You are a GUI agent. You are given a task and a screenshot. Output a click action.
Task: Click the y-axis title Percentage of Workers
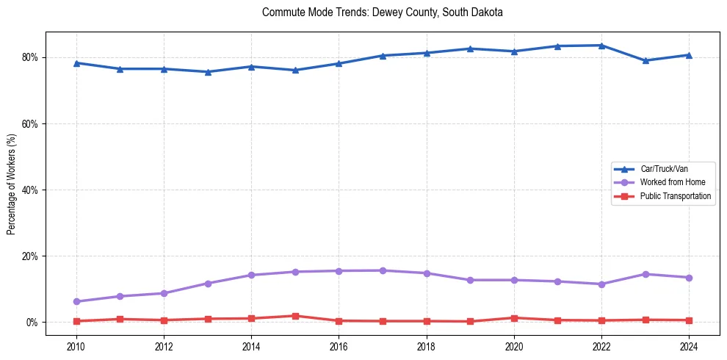[12, 184]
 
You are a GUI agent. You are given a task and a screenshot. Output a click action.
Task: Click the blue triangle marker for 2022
[601, 46]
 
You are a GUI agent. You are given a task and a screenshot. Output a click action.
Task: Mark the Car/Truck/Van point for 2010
[76, 63]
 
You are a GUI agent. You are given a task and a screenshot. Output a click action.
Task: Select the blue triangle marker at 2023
[645, 60]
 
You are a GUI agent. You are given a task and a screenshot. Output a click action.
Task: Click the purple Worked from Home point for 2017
[383, 270]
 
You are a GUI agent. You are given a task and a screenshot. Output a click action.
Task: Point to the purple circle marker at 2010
[76, 301]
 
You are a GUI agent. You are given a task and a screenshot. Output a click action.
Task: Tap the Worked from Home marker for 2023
[645, 274]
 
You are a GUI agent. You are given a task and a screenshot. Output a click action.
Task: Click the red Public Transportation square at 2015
[295, 316]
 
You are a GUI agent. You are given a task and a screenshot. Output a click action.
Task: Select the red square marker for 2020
[514, 318]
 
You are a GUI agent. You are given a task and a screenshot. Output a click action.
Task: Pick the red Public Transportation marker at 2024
[689, 320]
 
